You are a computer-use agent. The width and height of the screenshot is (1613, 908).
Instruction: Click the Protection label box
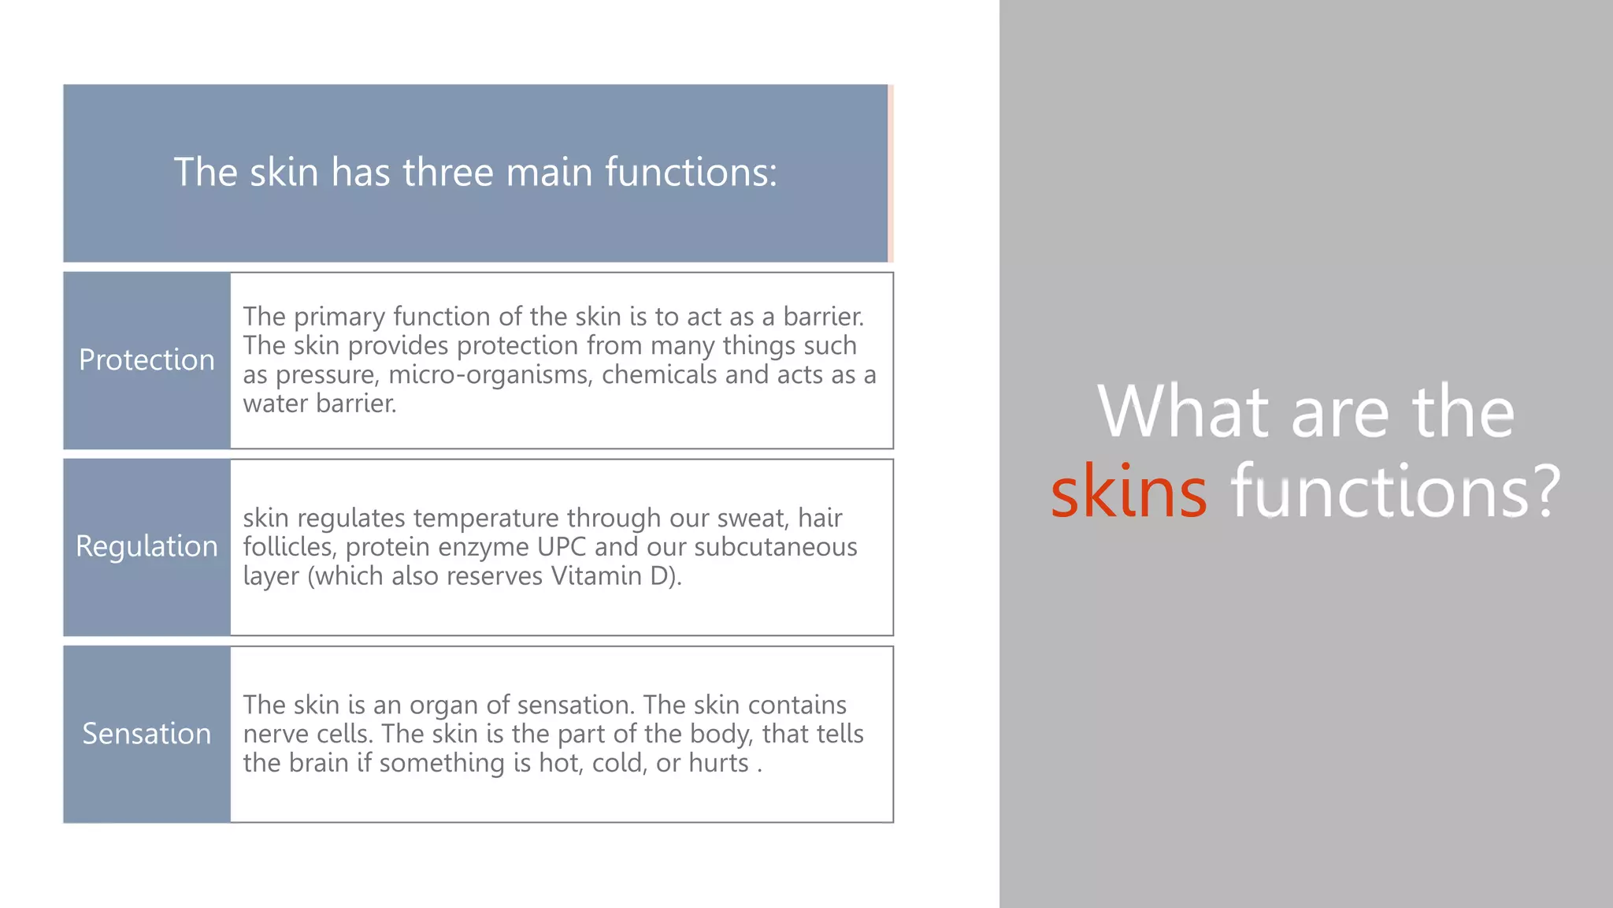pyautogui.click(x=146, y=360)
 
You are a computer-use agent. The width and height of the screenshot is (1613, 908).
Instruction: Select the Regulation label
pyautogui.click(x=146, y=546)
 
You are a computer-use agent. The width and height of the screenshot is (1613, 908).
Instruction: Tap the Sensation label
pyautogui.click(x=146, y=734)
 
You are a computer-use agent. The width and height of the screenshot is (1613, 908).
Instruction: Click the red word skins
pyautogui.click(x=1129, y=492)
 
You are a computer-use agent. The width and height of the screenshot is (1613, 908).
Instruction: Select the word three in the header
pyautogui.click(x=447, y=172)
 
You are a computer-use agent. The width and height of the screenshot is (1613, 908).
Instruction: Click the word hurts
pyautogui.click(x=718, y=763)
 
